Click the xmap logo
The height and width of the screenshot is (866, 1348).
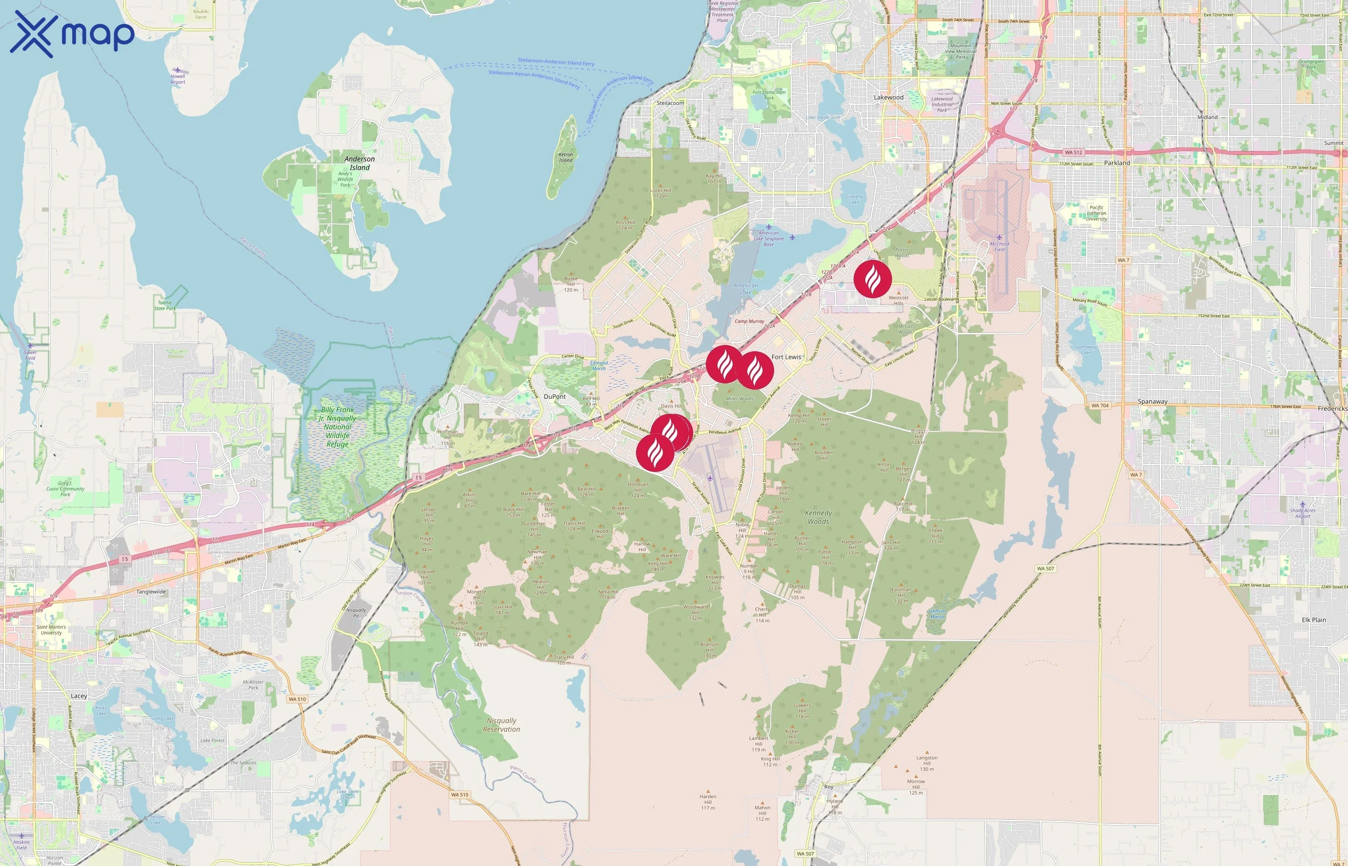pos(72,34)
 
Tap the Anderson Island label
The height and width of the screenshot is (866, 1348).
pos(360,163)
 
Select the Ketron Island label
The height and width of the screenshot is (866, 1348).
pos(565,157)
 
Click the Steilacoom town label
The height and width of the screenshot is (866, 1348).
pos(670,103)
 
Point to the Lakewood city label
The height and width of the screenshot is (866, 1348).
pos(888,97)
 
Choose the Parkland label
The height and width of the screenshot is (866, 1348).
pos(1117,163)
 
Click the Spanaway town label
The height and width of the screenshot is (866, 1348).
pos(1152,402)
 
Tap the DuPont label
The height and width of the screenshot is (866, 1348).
pos(555,396)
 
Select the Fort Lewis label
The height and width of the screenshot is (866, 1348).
pos(786,357)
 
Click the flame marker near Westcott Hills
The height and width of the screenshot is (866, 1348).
pos(873,279)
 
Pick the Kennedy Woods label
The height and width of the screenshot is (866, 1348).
pos(818,517)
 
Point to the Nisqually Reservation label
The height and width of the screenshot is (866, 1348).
pos(501,725)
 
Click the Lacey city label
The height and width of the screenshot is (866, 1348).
pos(79,696)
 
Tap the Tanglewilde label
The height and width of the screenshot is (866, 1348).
pos(151,592)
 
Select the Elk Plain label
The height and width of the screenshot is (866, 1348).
pos(1314,620)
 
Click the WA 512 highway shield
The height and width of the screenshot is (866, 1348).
pos(1073,153)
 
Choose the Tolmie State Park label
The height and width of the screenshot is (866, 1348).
pos(165,306)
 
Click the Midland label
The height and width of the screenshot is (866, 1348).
pos(1207,117)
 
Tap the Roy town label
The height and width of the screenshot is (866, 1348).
pos(828,787)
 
